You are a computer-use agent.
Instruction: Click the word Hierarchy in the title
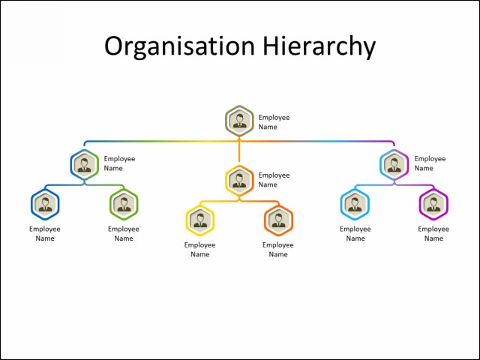coord(318,46)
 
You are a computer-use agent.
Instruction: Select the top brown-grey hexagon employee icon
coord(239,120)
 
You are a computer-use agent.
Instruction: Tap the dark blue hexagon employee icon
coord(45,205)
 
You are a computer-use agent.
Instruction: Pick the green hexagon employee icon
coord(124,205)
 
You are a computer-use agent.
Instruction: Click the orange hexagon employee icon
coord(278,220)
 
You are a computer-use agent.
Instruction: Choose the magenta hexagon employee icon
coord(433,205)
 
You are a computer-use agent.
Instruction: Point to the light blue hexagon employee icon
coord(355,205)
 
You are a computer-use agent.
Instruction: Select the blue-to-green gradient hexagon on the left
coord(85,164)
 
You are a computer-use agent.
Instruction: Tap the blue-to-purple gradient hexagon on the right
coord(394,164)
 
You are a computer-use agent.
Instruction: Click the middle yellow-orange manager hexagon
coord(239,180)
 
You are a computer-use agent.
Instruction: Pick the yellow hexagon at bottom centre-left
coord(200,220)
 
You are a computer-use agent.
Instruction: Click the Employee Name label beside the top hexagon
coord(274,122)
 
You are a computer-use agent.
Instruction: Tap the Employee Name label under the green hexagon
coord(124,234)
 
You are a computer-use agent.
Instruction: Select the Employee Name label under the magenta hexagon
coord(433,234)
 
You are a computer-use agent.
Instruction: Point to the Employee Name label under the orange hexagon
coord(278,250)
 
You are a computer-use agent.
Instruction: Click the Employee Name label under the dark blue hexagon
coord(45,234)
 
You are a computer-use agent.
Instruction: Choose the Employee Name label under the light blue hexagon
coord(355,234)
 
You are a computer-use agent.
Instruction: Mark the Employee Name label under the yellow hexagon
coord(200,250)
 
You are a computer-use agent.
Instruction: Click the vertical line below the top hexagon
coord(239,153)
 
